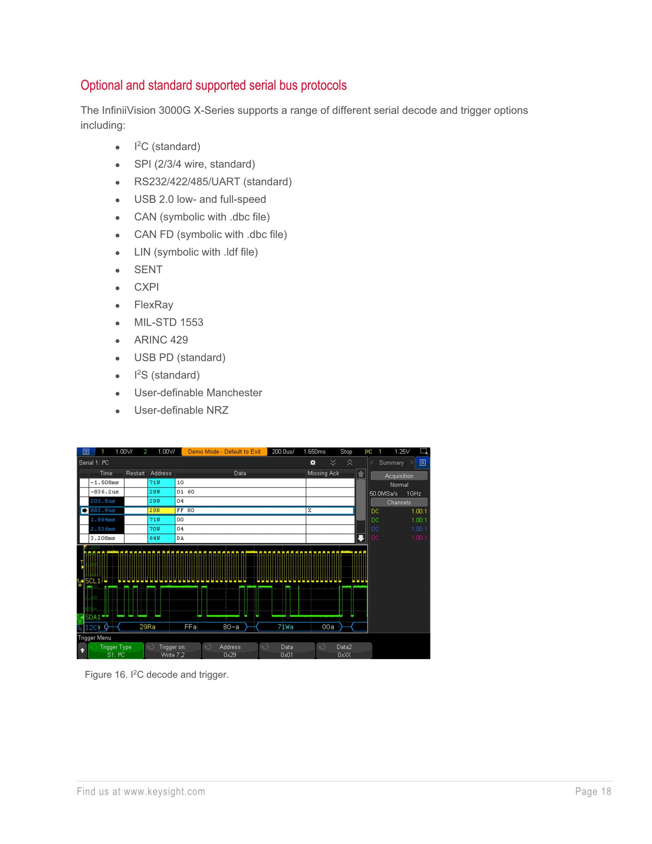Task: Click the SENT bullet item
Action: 148,269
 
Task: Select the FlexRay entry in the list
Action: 153,304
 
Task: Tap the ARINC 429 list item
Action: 161,340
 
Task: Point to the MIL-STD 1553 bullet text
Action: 168,322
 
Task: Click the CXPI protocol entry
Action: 146,287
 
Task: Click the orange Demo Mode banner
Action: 224,451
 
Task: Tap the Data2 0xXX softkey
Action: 344,651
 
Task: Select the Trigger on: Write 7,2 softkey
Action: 173,651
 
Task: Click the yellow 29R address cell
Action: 161,510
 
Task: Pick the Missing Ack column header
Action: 323,473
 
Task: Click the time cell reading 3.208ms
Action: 103,538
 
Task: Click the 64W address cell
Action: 161,538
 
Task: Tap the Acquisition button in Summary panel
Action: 399,476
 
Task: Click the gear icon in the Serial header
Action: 313,462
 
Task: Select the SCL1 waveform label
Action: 93,581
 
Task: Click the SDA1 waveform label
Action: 93,617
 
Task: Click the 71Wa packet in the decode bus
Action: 286,627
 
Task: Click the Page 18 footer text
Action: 593,791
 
